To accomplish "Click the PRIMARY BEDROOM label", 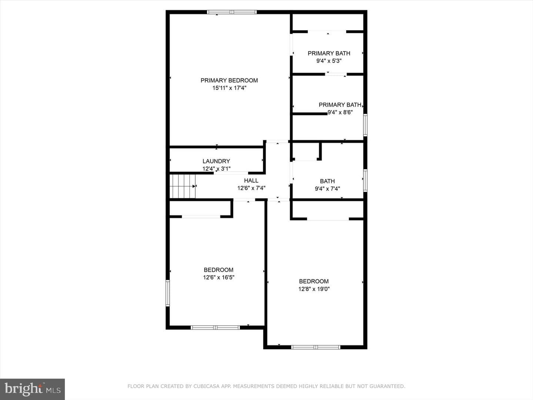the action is pos(229,80).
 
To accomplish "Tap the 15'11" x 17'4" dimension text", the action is pos(229,88).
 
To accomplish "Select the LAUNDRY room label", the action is pos(216,161).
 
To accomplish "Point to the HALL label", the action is pos(251,180).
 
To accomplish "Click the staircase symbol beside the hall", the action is pos(182,186).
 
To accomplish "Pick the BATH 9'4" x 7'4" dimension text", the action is pos(327,189).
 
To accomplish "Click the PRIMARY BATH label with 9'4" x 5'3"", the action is pos(329,53).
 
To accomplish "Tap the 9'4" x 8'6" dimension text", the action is pos(340,113).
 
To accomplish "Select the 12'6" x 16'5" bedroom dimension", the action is pos(218,277).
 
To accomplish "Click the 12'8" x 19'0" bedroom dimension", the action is pos(314,289).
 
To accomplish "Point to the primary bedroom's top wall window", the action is pos(232,12).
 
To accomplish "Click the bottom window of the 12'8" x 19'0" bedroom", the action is pos(316,347).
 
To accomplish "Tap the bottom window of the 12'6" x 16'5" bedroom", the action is pos(215,328).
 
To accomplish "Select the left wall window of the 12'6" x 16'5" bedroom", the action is pos(168,293).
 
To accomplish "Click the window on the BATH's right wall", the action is pos(365,181).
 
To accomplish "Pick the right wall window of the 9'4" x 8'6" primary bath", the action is pos(365,125).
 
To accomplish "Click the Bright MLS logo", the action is pos(32,389).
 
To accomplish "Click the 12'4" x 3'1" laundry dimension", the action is pos(217,169).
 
